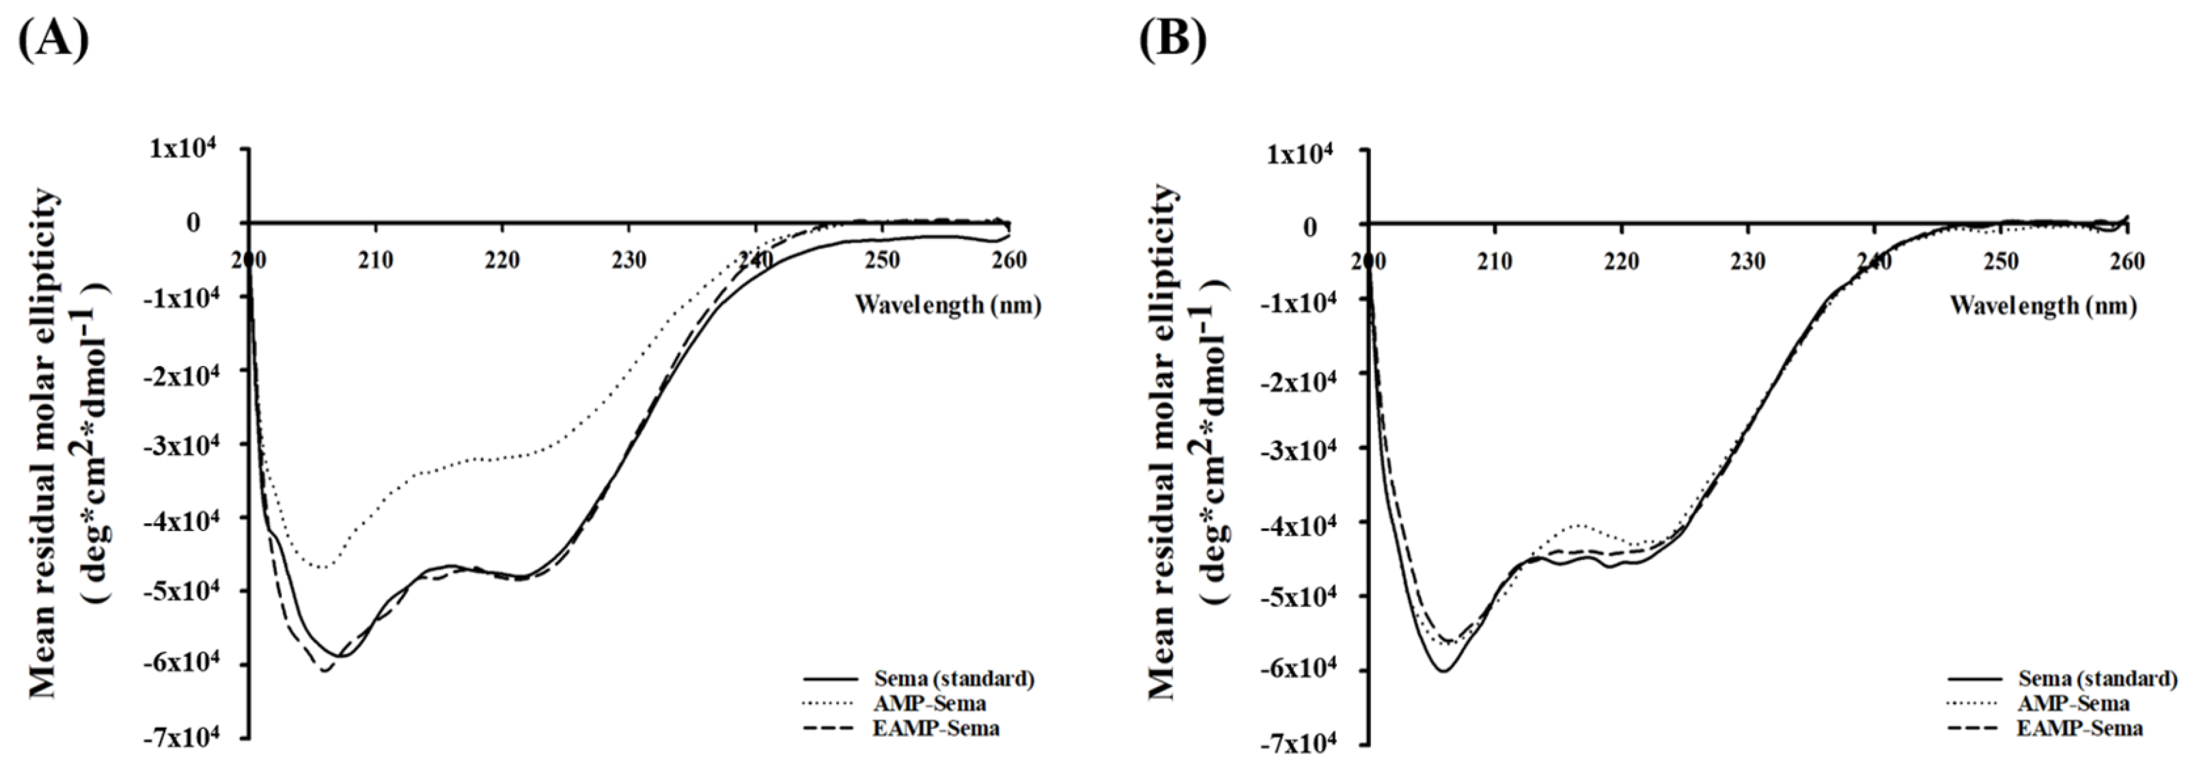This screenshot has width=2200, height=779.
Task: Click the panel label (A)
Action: click(x=53, y=38)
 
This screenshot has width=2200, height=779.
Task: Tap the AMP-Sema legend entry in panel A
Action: click(x=929, y=704)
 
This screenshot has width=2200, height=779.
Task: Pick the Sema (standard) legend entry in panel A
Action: click(x=954, y=679)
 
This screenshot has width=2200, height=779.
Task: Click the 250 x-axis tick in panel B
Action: click(x=2001, y=261)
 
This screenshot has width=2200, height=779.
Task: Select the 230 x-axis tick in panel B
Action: click(x=1748, y=261)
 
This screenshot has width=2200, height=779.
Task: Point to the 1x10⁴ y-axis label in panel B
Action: click(x=1305, y=154)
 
